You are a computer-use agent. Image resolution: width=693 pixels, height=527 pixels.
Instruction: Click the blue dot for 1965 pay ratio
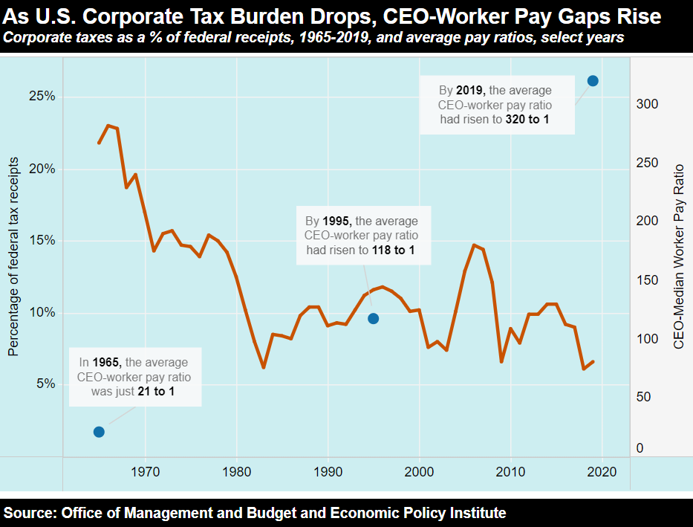(x=99, y=432)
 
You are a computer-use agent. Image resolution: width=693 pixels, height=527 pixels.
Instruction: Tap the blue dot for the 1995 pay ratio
(x=374, y=318)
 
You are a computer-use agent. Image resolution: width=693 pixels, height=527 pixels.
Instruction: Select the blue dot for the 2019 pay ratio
(x=593, y=80)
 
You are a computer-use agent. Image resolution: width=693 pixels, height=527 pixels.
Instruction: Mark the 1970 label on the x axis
(x=145, y=471)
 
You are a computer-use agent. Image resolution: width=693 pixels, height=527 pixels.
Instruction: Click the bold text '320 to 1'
(x=527, y=119)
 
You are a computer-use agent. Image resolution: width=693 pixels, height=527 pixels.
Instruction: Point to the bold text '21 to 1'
(x=157, y=391)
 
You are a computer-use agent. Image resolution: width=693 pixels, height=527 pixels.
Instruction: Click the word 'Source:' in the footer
(x=30, y=513)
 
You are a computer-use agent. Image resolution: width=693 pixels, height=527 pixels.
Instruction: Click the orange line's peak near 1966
(x=108, y=126)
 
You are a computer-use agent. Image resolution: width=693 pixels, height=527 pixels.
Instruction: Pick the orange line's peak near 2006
(x=474, y=245)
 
